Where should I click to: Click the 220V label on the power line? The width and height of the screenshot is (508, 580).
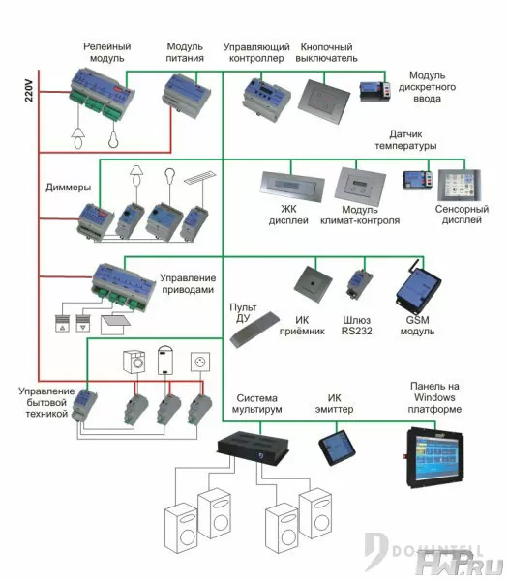[29, 91]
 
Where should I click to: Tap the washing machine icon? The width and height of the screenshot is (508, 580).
[134, 362]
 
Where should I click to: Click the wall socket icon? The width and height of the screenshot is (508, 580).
[200, 362]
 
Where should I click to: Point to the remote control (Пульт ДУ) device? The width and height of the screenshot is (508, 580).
[254, 330]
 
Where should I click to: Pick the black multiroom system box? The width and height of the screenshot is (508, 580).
[253, 447]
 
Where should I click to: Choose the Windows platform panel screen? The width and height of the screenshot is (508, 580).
[435, 457]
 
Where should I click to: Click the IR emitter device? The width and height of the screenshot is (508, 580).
[337, 448]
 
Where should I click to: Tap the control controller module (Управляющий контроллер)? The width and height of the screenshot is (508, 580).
[265, 99]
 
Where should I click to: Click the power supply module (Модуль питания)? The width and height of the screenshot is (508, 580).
[186, 95]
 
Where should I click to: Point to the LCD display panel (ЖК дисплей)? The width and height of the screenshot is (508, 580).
[292, 186]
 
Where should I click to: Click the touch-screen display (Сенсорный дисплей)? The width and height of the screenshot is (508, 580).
[459, 186]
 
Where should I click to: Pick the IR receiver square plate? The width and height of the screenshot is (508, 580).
[313, 284]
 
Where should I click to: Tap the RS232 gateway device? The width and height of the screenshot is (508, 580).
[359, 283]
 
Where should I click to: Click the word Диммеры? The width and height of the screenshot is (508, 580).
[68, 188]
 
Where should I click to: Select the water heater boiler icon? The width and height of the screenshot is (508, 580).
[165, 360]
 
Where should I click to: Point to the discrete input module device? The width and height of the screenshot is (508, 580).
[375, 91]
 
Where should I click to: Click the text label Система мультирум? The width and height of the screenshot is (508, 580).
[257, 403]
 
